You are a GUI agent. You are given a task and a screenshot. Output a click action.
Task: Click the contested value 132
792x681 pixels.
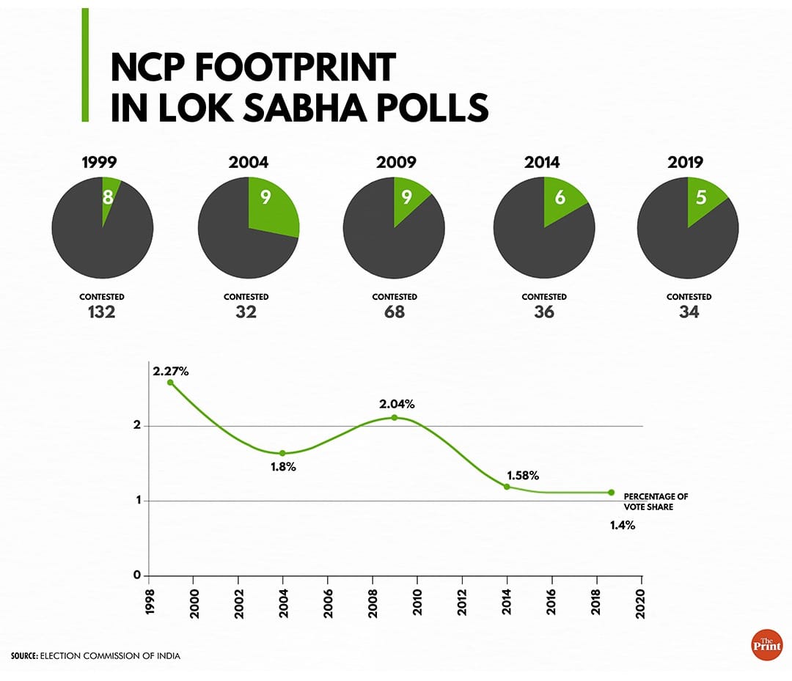pyautogui.click(x=103, y=312)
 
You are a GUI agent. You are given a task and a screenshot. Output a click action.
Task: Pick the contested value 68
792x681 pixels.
pyautogui.click(x=395, y=312)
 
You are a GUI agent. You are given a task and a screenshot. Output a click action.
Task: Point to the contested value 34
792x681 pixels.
pyautogui.click(x=689, y=312)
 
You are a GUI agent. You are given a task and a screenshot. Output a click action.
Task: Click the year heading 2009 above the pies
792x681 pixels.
pyautogui.click(x=396, y=163)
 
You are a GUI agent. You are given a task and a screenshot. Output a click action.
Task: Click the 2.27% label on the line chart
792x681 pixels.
pyautogui.click(x=171, y=371)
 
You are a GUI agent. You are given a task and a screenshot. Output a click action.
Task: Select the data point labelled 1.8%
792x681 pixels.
pyautogui.click(x=282, y=453)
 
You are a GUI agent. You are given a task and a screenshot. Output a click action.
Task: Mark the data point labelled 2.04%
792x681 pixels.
pyautogui.click(x=395, y=418)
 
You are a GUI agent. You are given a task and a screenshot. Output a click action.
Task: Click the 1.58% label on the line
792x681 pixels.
pyautogui.click(x=523, y=476)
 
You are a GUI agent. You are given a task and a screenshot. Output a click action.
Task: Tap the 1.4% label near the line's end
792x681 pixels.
pyautogui.click(x=622, y=525)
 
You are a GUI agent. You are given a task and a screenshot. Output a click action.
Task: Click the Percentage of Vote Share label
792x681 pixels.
pyautogui.click(x=656, y=501)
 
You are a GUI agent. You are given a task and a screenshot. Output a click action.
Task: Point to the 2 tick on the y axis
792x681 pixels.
pyautogui.click(x=136, y=426)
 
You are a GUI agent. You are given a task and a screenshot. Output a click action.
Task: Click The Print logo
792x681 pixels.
pyautogui.click(x=767, y=644)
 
